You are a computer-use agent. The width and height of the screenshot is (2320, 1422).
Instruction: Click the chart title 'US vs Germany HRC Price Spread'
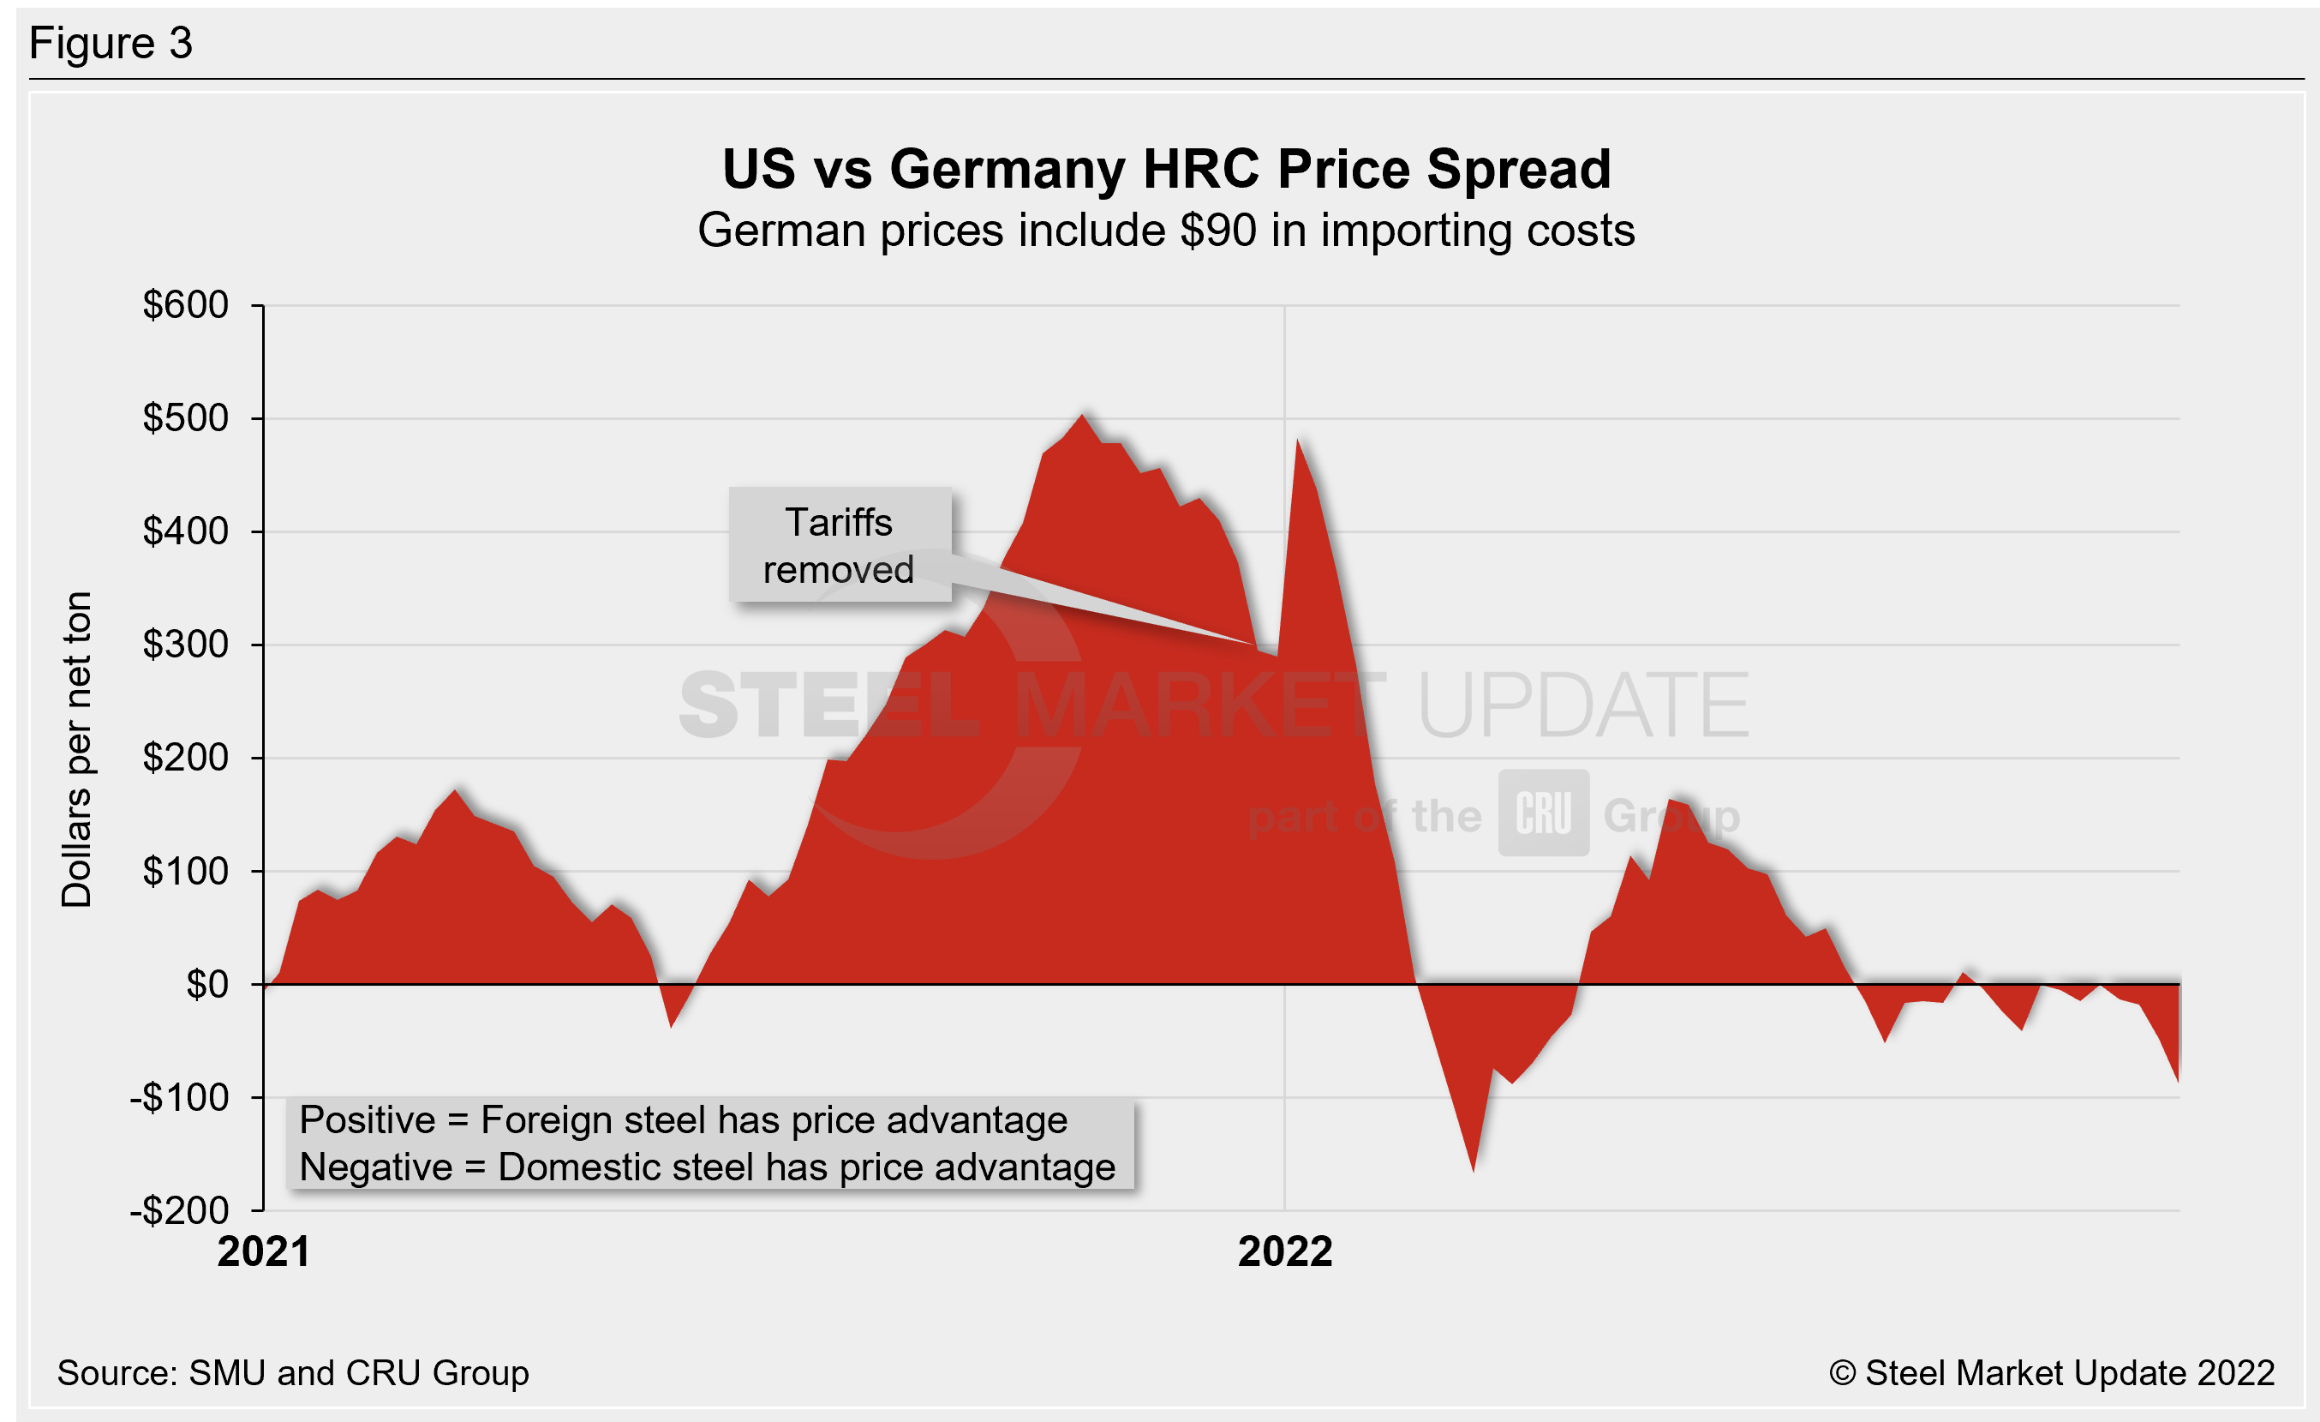[1166, 170]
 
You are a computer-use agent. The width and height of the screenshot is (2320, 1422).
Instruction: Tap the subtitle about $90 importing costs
[1166, 231]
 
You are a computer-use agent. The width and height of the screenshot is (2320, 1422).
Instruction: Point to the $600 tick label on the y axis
[186, 305]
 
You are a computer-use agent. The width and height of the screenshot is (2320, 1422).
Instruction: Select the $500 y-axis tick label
[186, 418]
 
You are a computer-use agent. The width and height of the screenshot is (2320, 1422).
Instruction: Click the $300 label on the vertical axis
[186, 645]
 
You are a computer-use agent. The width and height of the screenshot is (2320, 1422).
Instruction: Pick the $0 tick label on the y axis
[207, 985]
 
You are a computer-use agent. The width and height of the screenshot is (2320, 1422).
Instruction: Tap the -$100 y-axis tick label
[179, 1098]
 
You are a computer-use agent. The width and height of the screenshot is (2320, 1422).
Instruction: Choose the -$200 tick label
[179, 1211]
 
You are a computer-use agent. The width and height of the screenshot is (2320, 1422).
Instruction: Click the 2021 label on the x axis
[264, 1252]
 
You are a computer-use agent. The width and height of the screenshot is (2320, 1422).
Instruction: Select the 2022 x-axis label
[1284, 1252]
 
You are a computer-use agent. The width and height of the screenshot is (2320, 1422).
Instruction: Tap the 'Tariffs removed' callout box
[839, 545]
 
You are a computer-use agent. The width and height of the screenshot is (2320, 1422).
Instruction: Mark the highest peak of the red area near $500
[1083, 416]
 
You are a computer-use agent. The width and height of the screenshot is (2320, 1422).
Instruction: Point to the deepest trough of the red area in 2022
[1473, 1170]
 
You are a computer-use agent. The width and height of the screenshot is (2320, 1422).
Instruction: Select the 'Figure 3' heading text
[111, 44]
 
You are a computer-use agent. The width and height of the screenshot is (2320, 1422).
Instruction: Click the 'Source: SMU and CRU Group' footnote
[293, 1373]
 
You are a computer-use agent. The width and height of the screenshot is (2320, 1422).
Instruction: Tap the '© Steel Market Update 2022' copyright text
[2052, 1373]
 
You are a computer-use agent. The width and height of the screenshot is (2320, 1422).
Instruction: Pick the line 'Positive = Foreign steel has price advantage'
[683, 1120]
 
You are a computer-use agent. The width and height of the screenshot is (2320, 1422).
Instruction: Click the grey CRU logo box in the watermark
[1543, 813]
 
